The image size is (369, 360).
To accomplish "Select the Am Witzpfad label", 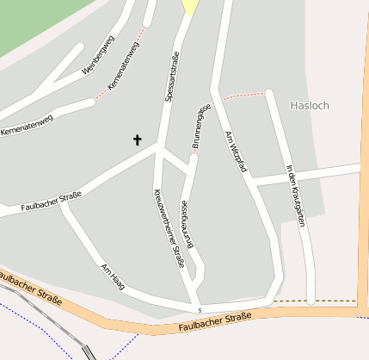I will (x=234, y=152).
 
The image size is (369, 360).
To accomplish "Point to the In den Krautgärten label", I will (x=295, y=195).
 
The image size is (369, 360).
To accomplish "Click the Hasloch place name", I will (x=311, y=105).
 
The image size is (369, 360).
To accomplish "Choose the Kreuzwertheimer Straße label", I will (x=168, y=227).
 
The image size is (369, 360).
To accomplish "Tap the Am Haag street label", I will (x=113, y=277).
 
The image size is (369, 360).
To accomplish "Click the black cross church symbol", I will (x=136, y=140).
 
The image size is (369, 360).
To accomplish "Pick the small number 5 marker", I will (x=200, y=310).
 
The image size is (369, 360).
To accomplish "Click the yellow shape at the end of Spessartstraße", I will (x=190, y=6).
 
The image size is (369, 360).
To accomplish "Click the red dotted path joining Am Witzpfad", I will (x=246, y=96).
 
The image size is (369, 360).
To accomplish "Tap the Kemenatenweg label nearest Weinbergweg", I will (x=125, y=67).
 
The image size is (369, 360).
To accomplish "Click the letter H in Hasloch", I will (x=295, y=105).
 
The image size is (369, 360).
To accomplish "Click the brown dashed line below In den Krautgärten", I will (x=331, y=301).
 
